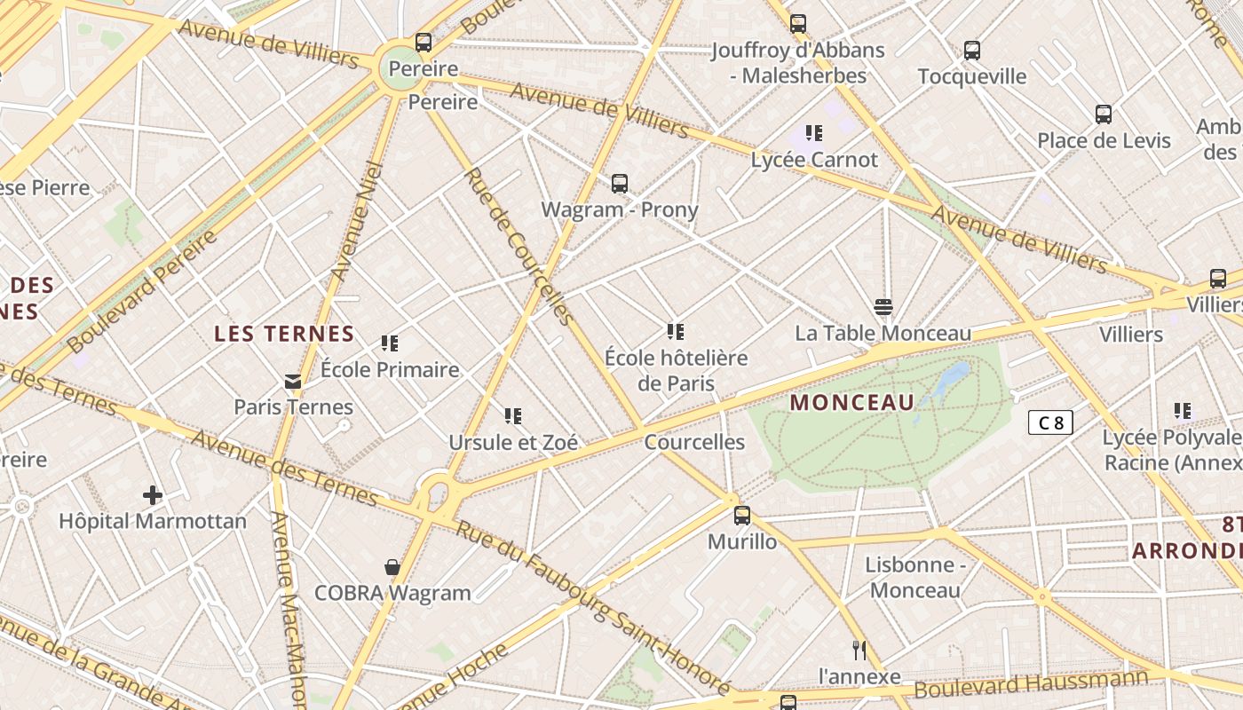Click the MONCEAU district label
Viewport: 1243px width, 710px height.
pos(851,402)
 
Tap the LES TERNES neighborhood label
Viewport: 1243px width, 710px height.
pos(284,335)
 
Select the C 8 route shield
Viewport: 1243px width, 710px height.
pos(1050,422)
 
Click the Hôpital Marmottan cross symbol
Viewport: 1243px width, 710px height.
pos(153,494)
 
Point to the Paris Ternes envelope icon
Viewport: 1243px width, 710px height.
pos(292,382)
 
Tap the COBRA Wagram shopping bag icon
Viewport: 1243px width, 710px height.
pos(392,567)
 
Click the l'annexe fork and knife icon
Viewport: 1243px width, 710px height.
pos(859,650)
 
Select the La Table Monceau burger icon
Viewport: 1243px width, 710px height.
pos(883,307)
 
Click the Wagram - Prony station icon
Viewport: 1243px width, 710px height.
pos(620,184)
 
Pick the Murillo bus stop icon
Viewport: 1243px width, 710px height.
pos(741,515)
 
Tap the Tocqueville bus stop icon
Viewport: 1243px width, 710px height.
pos(972,51)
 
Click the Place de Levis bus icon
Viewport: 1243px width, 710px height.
pos(1104,114)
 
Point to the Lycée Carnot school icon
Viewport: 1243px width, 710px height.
pos(813,133)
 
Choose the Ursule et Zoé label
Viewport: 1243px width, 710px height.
pos(513,442)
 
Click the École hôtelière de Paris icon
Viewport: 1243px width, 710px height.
pos(676,332)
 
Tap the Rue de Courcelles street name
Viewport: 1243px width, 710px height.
pos(520,246)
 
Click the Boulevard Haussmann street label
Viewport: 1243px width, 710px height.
pos(1030,684)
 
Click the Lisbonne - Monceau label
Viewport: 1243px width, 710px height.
pos(914,578)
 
